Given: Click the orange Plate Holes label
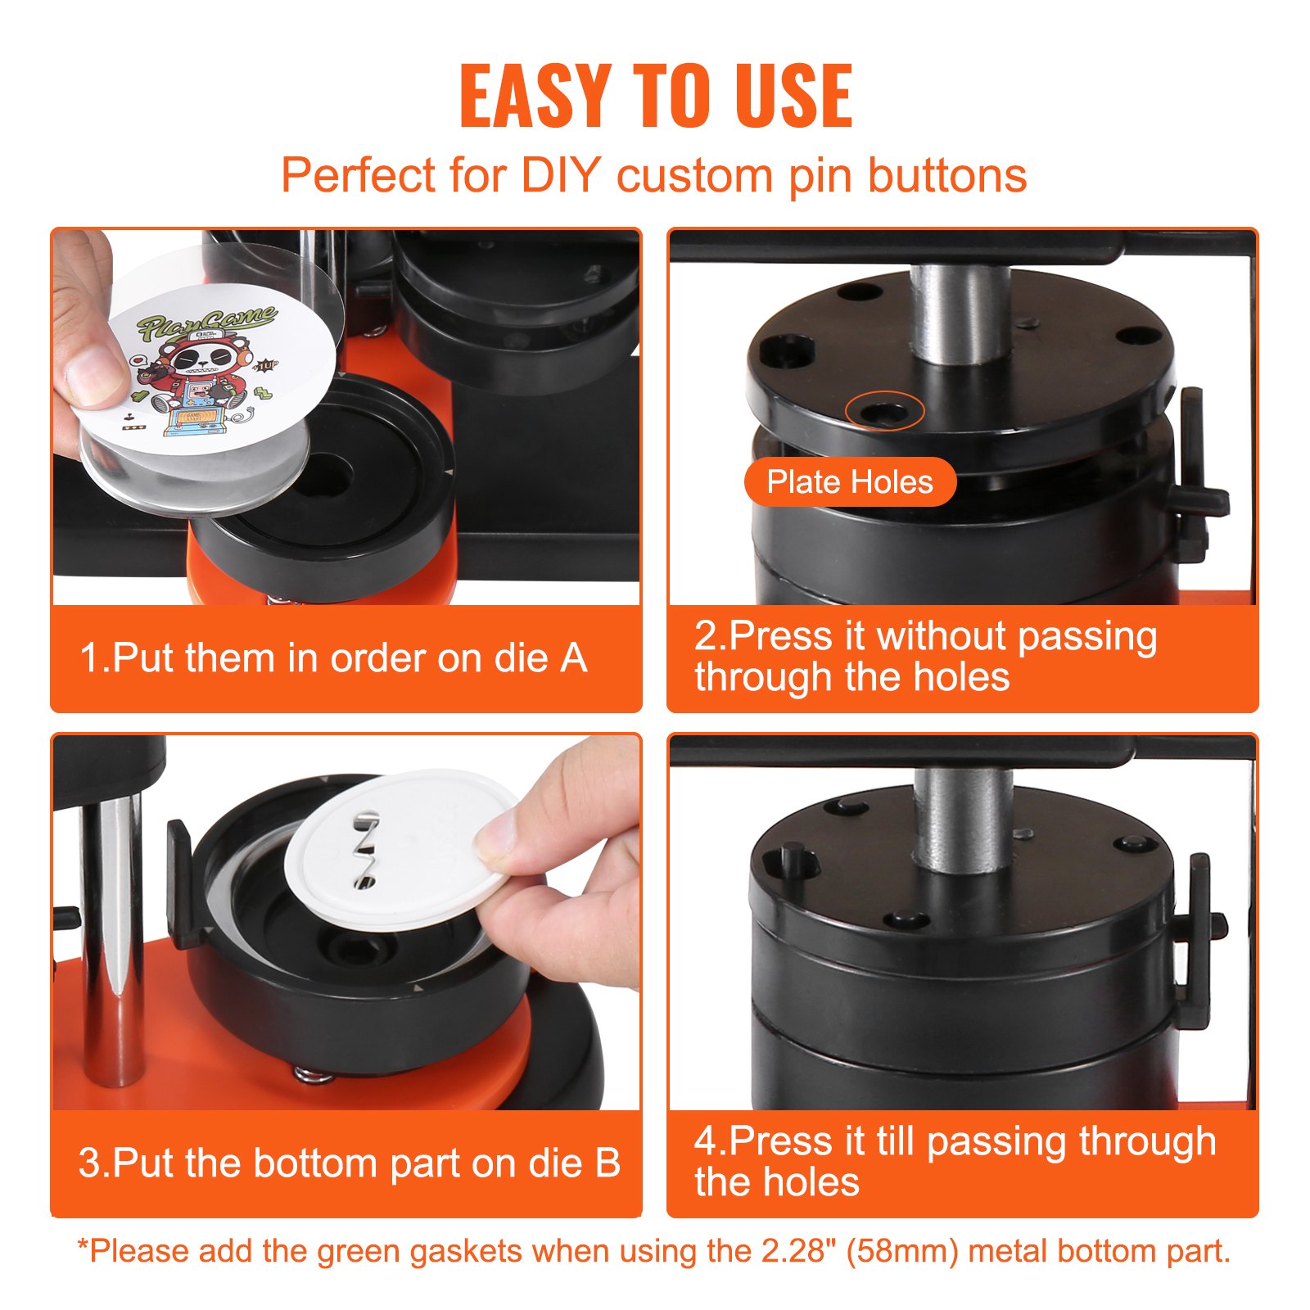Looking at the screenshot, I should click(x=850, y=482).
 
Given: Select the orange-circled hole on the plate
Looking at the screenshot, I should click(x=884, y=412).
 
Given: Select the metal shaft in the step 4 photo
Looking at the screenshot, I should click(x=963, y=819).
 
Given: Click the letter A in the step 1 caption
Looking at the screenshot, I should click(x=573, y=659).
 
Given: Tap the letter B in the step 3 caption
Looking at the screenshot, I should click(x=607, y=1163).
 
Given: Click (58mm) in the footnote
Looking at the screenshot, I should click(x=901, y=1252).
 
